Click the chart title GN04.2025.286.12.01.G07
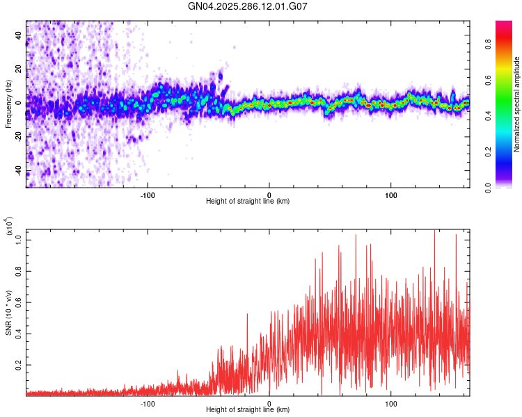pyautogui.click(x=248, y=6)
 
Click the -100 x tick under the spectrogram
pyautogui.click(x=148, y=195)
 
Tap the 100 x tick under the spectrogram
pyautogui.click(x=391, y=195)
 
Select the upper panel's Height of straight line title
pyautogui.click(x=248, y=202)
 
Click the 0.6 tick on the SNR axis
pyautogui.click(x=19, y=302)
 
